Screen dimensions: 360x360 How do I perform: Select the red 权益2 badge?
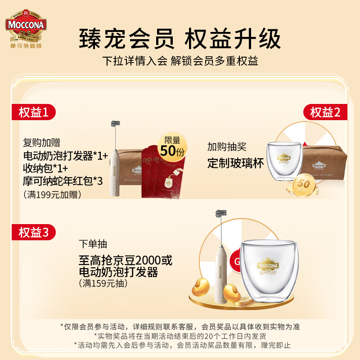[x=325, y=112]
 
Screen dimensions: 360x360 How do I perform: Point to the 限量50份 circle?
[x=172, y=147]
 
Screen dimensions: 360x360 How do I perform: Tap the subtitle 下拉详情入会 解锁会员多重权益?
[x=180, y=61]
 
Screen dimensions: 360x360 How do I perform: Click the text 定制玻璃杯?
[x=235, y=163]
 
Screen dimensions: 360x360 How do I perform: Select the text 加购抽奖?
[x=227, y=147]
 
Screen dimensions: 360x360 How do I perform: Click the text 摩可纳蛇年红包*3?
[x=63, y=181]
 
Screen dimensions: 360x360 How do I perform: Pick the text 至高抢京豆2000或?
[x=125, y=260]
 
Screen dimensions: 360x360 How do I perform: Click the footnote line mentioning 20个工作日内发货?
[x=180, y=336]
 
